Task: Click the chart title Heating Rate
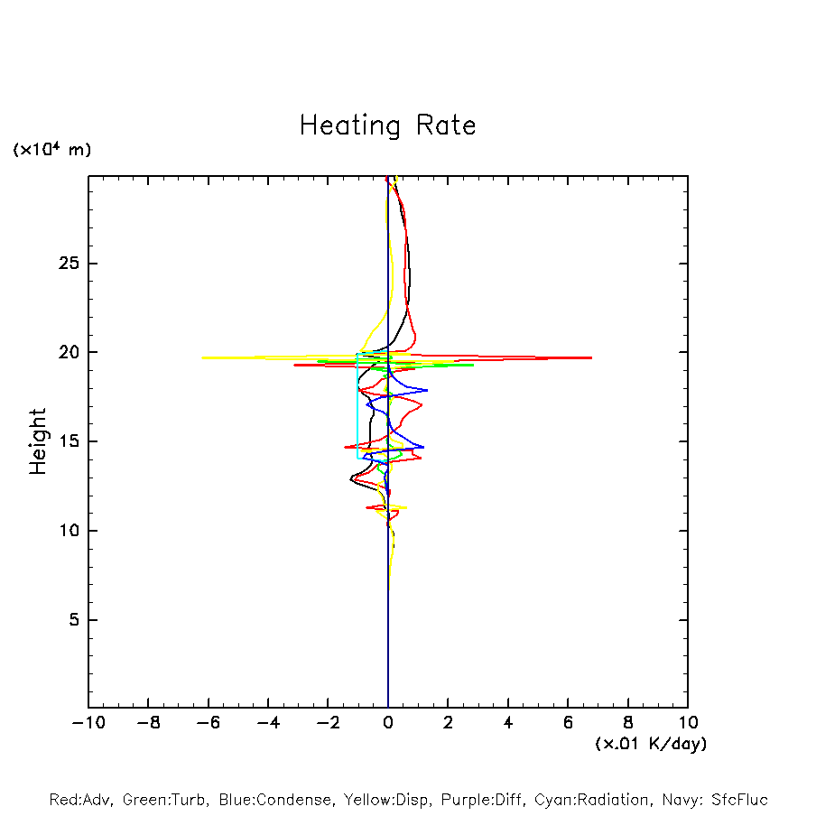pyautogui.click(x=387, y=125)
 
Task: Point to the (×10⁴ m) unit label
pyautogui.click(x=51, y=150)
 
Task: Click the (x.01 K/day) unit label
pyautogui.click(x=650, y=744)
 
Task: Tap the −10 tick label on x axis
pyautogui.click(x=88, y=722)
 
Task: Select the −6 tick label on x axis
pyautogui.click(x=208, y=722)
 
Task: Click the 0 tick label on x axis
pyautogui.click(x=388, y=722)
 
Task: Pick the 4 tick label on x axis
pyautogui.click(x=508, y=722)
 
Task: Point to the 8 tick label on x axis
pyautogui.click(x=628, y=722)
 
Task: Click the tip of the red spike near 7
pyautogui.click(x=592, y=358)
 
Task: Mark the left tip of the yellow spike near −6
pyautogui.click(x=202, y=357)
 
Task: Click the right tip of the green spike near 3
pyautogui.click(x=474, y=365)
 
